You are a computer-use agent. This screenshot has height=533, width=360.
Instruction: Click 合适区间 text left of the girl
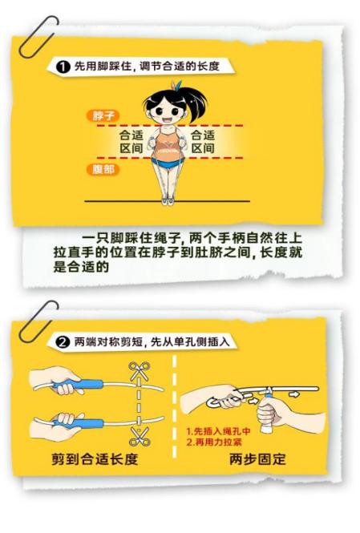click(x=132, y=142)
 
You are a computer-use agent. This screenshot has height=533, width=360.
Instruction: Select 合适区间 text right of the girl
click(x=202, y=142)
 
